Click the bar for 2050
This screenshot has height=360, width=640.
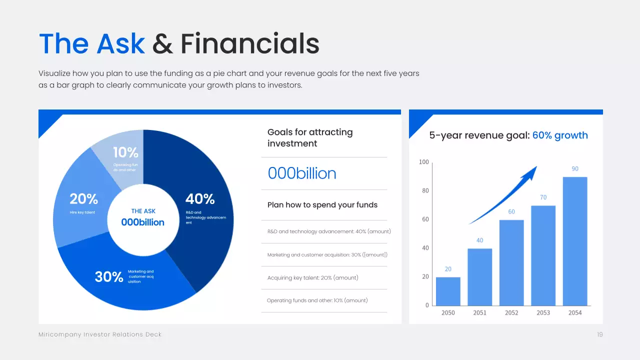pos(448,291)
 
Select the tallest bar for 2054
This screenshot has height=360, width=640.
pos(575,241)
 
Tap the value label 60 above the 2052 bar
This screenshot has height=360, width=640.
pos(511,211)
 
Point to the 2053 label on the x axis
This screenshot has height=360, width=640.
pos(543,312)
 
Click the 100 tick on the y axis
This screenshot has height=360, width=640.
pos(423,162)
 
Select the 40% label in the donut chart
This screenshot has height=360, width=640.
pos(200,199)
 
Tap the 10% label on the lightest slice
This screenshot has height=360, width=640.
pos(125,152)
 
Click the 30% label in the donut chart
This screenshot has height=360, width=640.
pos(109,276)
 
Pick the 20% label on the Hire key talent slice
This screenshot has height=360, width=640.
pos(83,199)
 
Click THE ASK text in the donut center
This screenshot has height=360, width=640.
pos(143,211)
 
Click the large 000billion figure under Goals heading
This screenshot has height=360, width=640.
pos(302,173)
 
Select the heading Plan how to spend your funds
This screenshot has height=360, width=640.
pos(322,205)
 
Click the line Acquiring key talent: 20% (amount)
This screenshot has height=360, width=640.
pos(313,277)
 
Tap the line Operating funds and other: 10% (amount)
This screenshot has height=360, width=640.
pos(317,300)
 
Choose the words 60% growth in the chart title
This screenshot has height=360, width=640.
pos(560,135)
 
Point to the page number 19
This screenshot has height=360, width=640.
pos(599,334)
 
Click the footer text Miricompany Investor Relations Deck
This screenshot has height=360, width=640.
pos(100,334)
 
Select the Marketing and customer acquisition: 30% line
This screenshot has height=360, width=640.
pos(327,255)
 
